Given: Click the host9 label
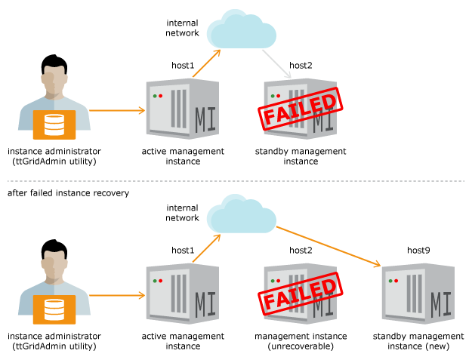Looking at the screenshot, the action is click(x=418, y=251).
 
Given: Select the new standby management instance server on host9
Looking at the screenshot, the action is click(x=418, y=294).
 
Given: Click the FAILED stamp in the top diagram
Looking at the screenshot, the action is click(x=301, y=109).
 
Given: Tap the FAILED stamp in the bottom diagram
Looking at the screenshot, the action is click(x=301, y=294).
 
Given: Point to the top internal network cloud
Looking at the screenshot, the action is click(x=242, y=29).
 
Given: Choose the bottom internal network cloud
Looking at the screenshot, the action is click(x=242, y=214).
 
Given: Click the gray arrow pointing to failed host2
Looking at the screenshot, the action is click(x=276, y=64).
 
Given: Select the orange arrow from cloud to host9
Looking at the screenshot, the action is click(x=329, y=247).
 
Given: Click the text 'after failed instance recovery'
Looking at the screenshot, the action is click(x=68, y=192).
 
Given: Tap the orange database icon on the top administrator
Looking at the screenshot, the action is click(x=54, y=125).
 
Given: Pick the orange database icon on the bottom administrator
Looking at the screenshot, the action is click(x=54, y=309).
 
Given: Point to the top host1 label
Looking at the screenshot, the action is click(x=183, y=65).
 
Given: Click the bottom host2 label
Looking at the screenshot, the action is click(x=301, y=251).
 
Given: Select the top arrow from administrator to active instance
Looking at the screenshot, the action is click(x=117, y=110).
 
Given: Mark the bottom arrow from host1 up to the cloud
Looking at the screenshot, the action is click(x=206, y=248).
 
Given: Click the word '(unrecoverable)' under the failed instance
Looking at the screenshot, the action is click(x=301, y=346).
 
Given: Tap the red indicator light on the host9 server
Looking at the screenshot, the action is click(x=396, y=281).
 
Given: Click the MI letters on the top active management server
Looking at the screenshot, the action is click(x=205, y=120).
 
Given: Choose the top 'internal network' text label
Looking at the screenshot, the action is click(x=183, y=28).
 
